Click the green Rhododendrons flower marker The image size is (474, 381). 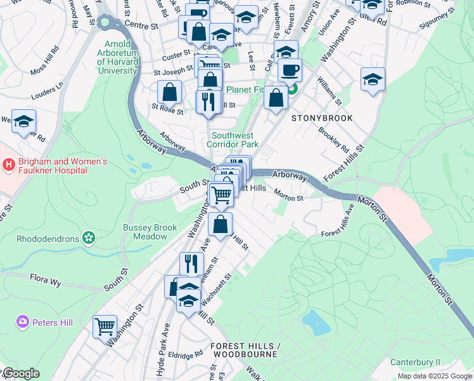pos(88,239)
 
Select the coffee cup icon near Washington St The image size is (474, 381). pos(290,70)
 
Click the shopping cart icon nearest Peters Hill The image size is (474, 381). pos(105,327)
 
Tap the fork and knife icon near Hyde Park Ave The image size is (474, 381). pos(191,264)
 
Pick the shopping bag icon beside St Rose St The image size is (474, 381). pos(170,92)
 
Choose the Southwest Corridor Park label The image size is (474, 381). pos(233,140)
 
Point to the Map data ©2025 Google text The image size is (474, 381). pos(434,376)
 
